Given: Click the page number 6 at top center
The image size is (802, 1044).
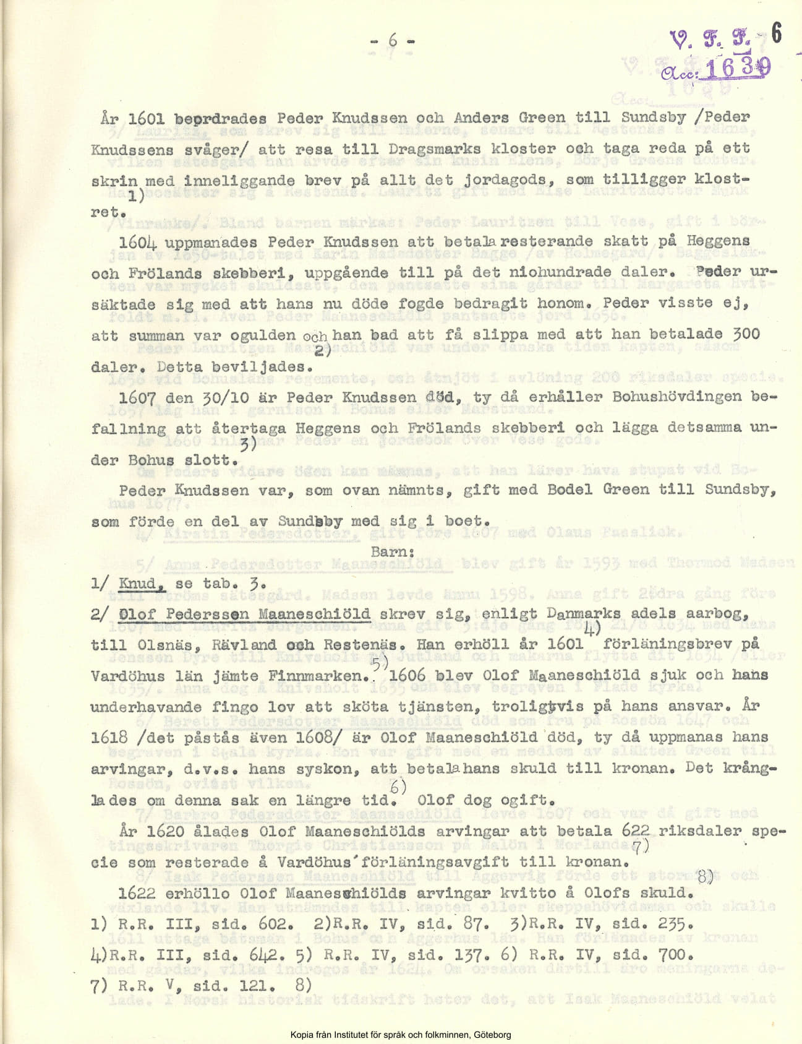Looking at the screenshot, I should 393,41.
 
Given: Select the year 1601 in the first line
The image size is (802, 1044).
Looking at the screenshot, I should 146,118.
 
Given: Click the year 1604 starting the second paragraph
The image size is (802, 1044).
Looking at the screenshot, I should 137,243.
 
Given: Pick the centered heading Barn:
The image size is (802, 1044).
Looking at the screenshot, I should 392,551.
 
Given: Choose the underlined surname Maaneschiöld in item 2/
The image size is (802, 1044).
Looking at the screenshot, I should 314,615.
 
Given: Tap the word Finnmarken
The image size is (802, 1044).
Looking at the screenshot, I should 318,676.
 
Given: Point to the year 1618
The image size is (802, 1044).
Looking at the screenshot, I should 109,738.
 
